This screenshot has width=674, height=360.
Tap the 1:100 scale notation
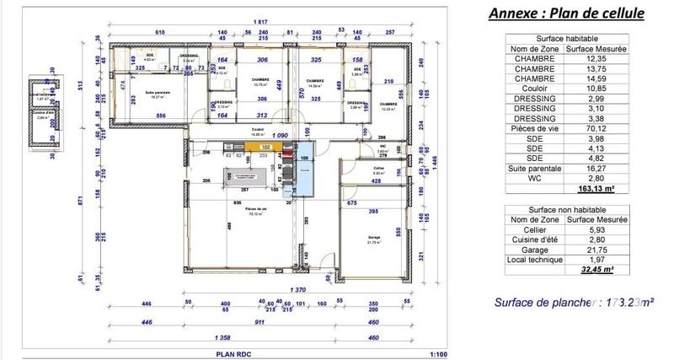(x=438, y=355)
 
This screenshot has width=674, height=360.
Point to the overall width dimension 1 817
(x=248, y=20)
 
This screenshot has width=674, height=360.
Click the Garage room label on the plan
(x=372, y=239)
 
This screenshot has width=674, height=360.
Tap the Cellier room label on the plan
(x=355, y=169)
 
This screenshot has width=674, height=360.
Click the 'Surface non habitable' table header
(x=562, y=207)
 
